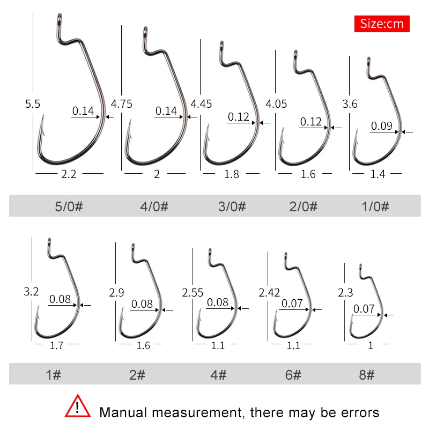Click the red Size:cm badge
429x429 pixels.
click(381, 24)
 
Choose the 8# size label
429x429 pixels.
click(367, 375)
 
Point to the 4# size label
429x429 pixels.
click(219, 375)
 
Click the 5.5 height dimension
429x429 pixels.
click(32, 103)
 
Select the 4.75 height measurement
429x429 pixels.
click(121, 103)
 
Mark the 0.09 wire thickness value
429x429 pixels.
click(381, 126)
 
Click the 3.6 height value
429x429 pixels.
click(350, 103)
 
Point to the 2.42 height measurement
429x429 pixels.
click(269, 293)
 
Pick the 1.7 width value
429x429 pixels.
click(56, 345)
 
